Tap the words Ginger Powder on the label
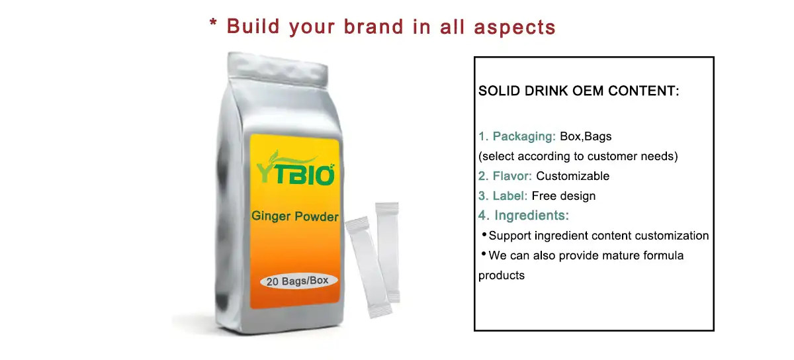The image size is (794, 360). click(295, 216)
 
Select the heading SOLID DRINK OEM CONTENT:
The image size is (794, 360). click(579, 91)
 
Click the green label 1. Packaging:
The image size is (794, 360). click(517, 136)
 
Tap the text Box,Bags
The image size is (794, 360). click(586, 136)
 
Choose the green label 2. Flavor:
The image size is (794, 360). click(506, 176)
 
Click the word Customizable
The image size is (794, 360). click(572, 176)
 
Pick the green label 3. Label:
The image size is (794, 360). click(503, 196)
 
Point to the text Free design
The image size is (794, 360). click(564, 196)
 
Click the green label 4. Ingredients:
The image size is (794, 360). click(523, 216)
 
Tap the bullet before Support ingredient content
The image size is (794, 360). click(483, 234)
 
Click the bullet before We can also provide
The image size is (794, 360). click(483, 254)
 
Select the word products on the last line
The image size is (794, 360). click(502, 276)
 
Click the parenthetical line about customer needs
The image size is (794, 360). click(578, 157)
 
